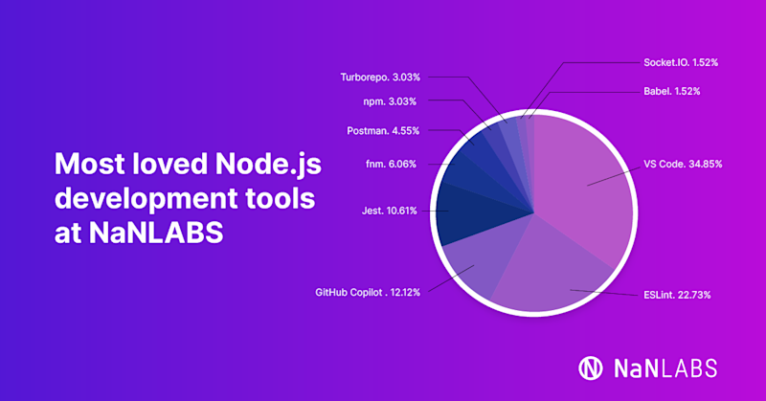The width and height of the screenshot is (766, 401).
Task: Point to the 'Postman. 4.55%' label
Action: [x=382, y=130]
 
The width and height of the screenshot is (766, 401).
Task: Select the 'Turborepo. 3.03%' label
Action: [x=379, y=77]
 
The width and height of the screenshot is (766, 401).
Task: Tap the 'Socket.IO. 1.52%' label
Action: [x=681, y=62]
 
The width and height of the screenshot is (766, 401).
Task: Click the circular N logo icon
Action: [x=591, y=368]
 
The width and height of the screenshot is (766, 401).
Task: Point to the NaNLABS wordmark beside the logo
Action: [x=664, y=368]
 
